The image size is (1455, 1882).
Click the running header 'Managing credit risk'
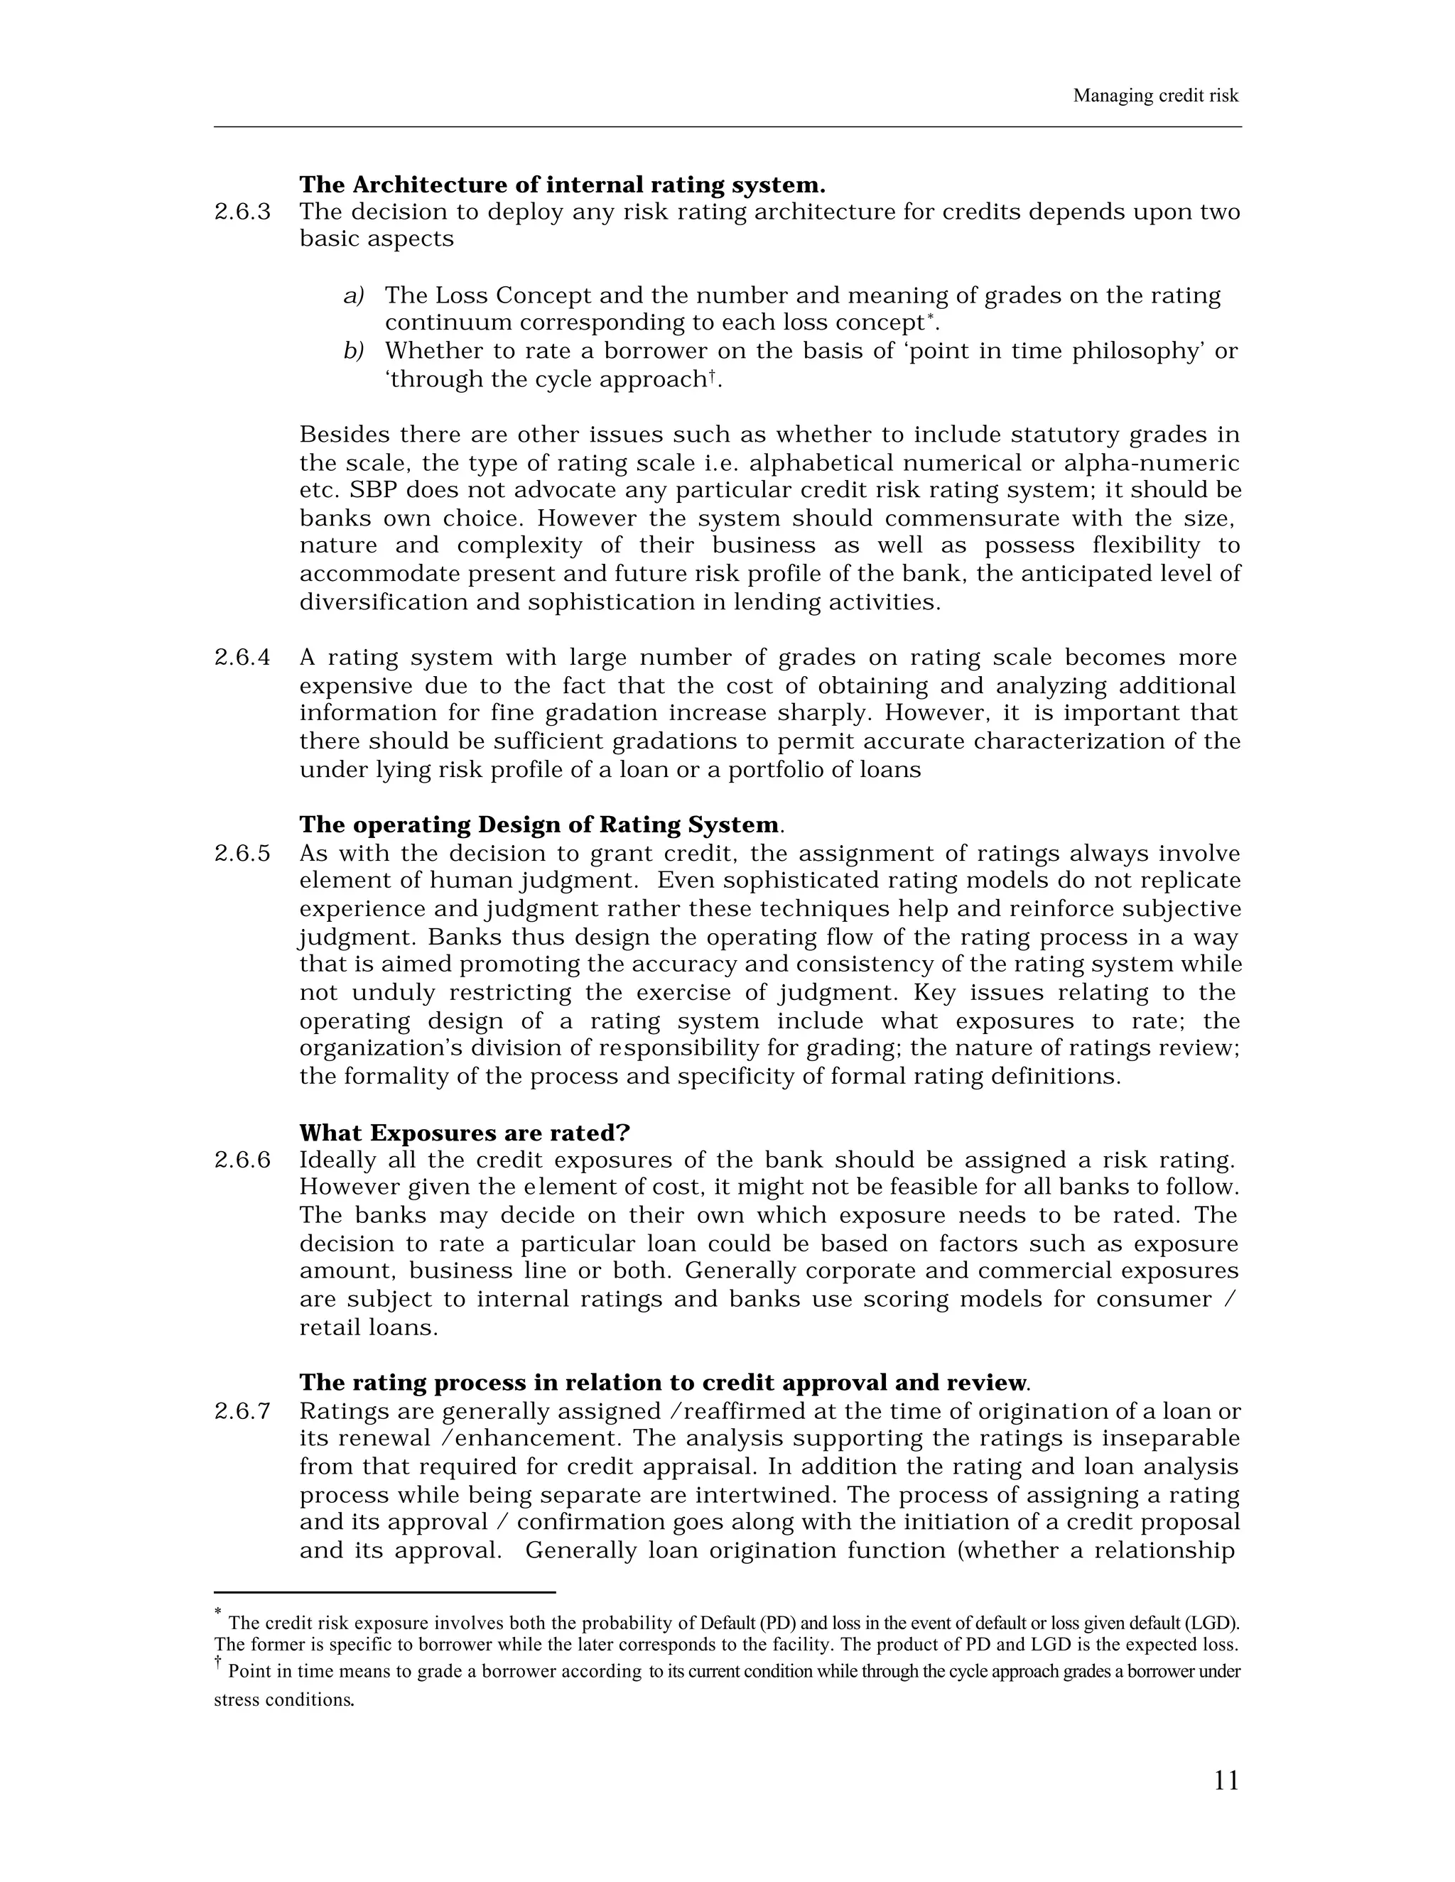coord(1155,96)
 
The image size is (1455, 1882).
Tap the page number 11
coord(1226,1780)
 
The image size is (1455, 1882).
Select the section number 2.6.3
coord(242,212)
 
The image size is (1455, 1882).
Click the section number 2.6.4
coord(242,658)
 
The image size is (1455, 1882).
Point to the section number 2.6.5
coord(242,853)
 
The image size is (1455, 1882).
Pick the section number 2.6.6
coord(242,1160)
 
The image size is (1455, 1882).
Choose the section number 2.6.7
coord(242,1412)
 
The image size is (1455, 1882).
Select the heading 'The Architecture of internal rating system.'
coord(562,185)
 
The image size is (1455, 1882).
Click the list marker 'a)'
coord(353,295)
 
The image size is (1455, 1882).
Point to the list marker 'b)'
coord(353,352)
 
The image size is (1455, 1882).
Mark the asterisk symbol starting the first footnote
coord(219,1611)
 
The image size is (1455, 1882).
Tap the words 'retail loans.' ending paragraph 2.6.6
coord(368,1327)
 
